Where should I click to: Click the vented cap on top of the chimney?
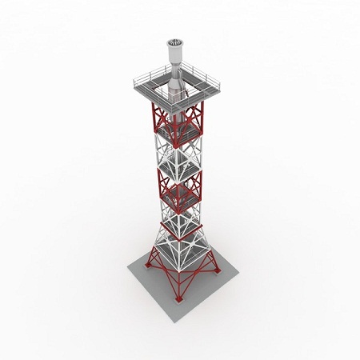click(174, 42)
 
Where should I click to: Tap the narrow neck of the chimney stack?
click(174, 60)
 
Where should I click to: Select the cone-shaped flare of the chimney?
click(174, 81)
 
